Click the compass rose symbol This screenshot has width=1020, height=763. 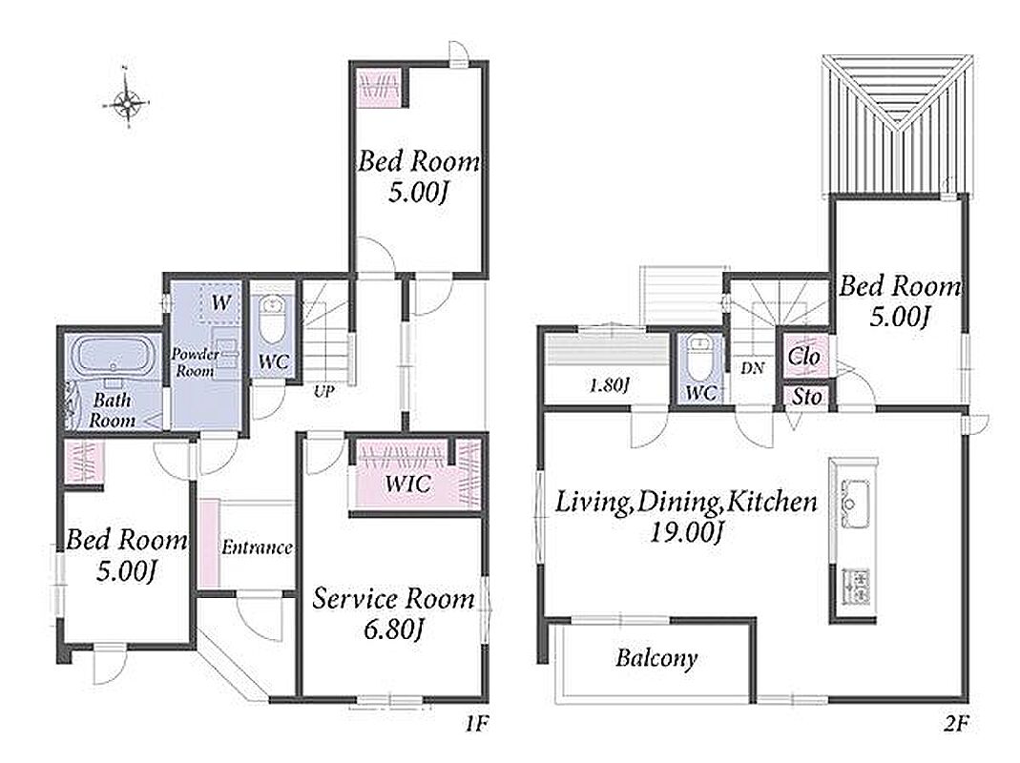128,101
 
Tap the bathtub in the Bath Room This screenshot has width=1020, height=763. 115,355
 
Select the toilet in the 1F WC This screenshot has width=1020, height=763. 273,320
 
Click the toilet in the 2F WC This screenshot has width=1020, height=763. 699,359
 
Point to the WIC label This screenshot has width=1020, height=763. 407,484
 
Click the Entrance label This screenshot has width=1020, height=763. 257,547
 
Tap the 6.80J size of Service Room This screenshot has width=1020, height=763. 394,629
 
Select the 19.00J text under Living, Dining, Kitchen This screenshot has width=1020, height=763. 687,533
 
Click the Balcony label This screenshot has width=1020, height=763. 656,658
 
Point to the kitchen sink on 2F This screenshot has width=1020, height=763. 854,494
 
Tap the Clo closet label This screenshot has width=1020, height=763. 804,356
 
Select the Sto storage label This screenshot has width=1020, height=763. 806,396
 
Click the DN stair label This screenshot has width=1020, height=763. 752,368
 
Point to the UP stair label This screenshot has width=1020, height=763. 324,392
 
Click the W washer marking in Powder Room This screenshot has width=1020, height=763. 221,301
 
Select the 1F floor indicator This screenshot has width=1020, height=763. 477,723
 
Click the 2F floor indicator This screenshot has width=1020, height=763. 956,723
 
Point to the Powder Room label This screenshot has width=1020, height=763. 196,362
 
